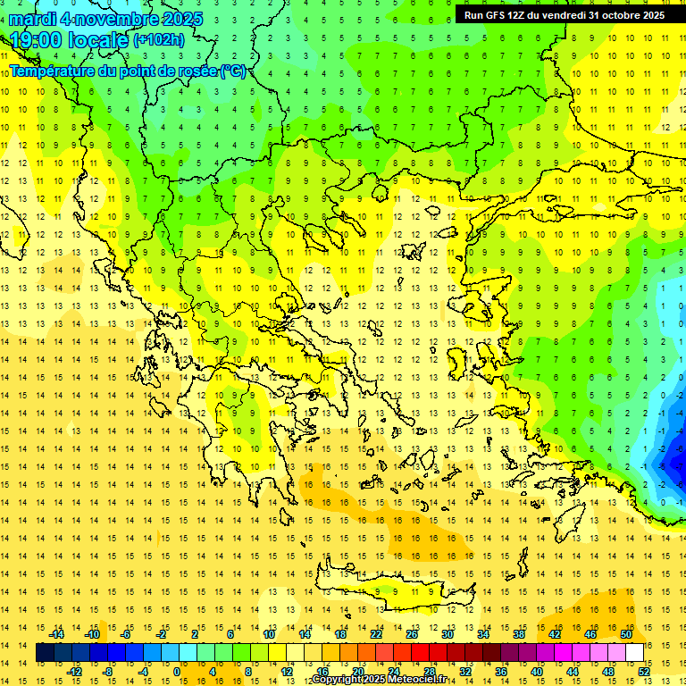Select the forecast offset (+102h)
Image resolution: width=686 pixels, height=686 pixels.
tap(159, 40)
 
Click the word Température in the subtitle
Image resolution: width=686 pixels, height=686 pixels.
tap(54, 71)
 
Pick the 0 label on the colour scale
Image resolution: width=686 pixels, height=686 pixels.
tap(177, 671)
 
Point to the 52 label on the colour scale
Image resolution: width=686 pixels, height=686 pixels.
tap(644, 671)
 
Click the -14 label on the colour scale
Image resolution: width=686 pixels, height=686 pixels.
tap(56, 634)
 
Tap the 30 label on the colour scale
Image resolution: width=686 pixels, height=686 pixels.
tap(447, 634)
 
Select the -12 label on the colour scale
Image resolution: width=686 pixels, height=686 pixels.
tap(74, 671)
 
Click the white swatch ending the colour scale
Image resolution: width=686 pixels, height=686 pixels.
tap(635, 653)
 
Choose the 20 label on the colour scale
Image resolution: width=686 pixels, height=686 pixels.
tap(357, 671)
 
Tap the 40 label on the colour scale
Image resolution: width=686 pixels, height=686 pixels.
tap(537, 671)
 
